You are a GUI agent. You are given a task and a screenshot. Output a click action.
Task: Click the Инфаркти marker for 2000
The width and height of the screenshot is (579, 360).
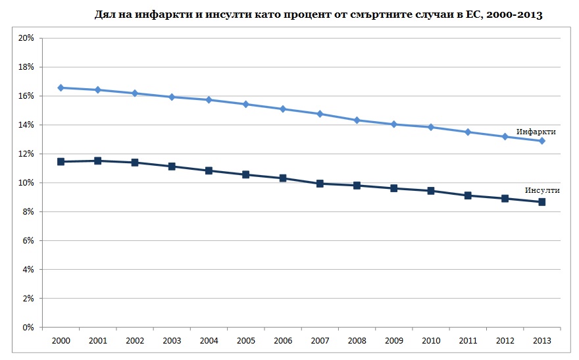coord(61,88)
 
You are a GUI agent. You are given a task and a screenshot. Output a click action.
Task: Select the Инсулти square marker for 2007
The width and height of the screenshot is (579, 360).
coord(320,184)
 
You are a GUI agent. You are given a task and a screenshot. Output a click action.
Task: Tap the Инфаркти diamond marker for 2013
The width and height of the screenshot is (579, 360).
coord(542,141)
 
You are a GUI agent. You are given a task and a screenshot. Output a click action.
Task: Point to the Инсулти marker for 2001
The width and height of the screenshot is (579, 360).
coord(97,161)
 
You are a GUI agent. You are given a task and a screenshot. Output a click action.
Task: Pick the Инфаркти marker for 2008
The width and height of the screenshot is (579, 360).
coord(357,120)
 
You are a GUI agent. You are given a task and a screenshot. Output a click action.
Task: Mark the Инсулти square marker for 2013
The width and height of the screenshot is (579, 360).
coord(542,202)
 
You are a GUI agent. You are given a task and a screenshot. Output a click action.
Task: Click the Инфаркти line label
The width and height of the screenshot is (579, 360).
coord(536,132)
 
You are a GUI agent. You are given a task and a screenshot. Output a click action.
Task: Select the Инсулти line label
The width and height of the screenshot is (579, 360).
coord(541,190)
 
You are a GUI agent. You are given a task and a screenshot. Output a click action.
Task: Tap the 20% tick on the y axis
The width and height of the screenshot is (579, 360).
coord(26,38)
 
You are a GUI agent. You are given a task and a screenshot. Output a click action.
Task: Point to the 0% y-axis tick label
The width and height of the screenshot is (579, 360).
coord(28,327)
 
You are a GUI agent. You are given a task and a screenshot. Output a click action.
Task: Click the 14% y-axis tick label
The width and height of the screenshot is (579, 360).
coord(26,125)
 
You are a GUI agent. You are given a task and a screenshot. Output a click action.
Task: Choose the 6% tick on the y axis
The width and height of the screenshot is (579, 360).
coord(28,241)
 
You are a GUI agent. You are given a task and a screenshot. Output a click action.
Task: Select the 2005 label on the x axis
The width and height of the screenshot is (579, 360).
coord(245,340)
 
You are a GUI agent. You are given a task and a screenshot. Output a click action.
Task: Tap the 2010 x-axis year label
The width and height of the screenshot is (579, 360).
coord(431,340)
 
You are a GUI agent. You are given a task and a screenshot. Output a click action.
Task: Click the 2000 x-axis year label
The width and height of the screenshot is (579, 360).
coord(61,340)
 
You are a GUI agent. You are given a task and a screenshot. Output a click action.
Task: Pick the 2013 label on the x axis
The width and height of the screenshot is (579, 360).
coord(542,340)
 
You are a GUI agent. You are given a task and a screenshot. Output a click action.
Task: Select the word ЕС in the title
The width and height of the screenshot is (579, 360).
coord(470,14)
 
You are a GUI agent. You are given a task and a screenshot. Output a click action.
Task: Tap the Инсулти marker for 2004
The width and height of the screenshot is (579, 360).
coord(209,170)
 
